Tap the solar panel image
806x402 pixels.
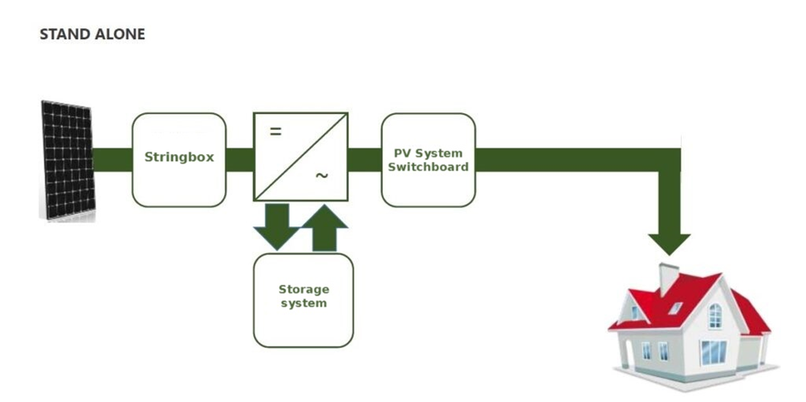pos(67,160)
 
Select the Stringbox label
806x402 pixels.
pos(179,157)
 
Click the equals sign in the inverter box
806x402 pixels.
pos(275,132)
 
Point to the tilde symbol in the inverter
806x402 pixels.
pos(321,176)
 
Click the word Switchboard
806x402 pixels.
pos(428,166)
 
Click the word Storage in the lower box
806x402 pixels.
pos(303,290)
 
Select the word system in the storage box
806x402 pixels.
pos(303,303)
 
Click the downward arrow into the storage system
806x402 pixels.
pos(277,225)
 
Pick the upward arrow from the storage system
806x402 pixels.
pos(325,227)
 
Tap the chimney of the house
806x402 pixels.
pos(668,277)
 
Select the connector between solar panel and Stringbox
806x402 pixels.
pos(112,160)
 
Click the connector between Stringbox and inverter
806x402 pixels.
pos(240,160)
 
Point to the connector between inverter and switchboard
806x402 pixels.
pos(364,160)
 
